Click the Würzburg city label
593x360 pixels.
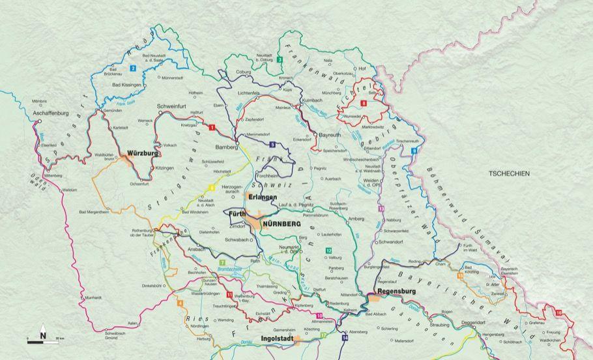pos(143,153)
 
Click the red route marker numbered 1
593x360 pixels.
pos(212,128)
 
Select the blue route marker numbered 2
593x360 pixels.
pos(132,68)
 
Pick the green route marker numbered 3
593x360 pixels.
pos(279,60)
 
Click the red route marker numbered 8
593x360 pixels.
pos(364,104)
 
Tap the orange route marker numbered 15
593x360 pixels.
pos(460,276)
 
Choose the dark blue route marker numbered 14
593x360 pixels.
pos(345,338)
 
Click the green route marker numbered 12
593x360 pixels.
pos(328,250)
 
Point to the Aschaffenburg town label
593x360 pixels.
pos(50,113)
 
